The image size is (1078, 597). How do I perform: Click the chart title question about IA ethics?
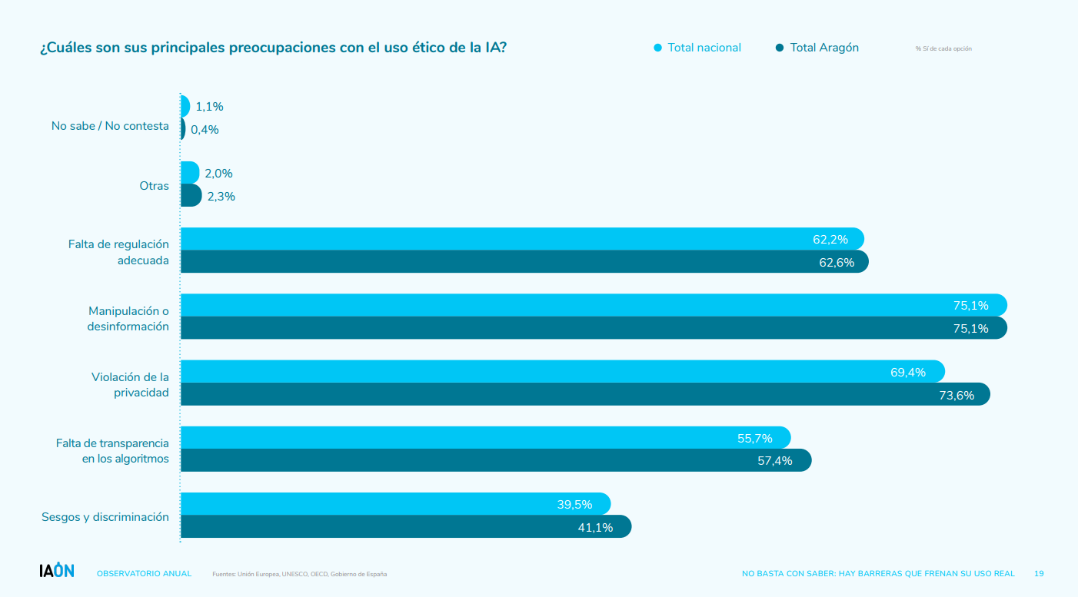(x=273, y=48)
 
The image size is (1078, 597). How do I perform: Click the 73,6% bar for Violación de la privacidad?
(x=584, y=395)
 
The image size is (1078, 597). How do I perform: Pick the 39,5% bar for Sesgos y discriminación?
(x=394, y=504)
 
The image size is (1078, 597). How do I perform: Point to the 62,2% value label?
(x=830, y=240)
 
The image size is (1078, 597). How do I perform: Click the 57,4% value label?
(x=774, y=461)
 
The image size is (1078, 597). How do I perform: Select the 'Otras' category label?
(x=154, y=186)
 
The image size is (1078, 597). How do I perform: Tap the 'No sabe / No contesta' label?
(x=110, y=126)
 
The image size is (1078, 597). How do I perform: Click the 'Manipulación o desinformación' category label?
(x=128, y=319)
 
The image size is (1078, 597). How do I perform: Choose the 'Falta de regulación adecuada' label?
(x=118, y=252)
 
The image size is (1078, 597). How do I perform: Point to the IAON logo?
(x=57, y=571)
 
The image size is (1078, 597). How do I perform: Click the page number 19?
(x=1039, y=574)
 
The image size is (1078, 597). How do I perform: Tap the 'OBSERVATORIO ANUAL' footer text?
(x=144, y=574)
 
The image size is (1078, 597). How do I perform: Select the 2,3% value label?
(x=221, y=197)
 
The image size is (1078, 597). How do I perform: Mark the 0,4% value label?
(x=205, y=130)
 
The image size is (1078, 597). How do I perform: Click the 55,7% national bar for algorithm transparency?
(x=484, y=438)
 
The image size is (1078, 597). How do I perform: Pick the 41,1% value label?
(x=595, y=528)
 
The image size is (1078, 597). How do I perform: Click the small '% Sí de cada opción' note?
(x=943, y=48)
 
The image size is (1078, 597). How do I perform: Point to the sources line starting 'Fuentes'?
(x=300, y=574)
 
